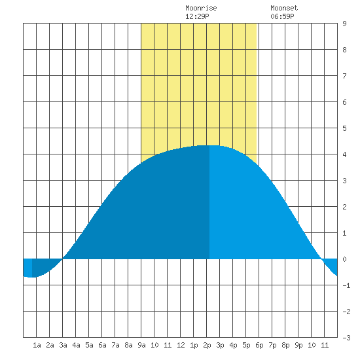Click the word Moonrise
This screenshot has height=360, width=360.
201,8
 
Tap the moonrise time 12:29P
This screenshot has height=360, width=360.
197,16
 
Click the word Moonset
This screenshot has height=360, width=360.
284,8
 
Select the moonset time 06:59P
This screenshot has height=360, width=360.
282,16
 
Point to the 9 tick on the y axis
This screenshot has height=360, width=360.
344,24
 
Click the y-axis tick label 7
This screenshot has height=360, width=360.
344,76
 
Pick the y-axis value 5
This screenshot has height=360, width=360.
344,128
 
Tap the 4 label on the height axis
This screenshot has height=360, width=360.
344,154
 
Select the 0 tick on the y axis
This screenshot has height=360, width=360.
344,259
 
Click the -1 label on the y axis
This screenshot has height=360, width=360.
346,285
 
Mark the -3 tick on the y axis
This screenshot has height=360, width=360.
346,338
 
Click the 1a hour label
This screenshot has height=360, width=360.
37,345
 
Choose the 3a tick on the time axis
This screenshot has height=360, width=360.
63,345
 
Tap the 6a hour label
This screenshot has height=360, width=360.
102,345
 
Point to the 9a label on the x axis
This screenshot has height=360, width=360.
141,345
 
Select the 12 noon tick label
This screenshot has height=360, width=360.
181,345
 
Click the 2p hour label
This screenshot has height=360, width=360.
207,345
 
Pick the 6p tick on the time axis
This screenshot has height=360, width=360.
259,345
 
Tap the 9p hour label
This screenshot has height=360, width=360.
298,345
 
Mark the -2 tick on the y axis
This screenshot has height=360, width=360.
346,312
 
